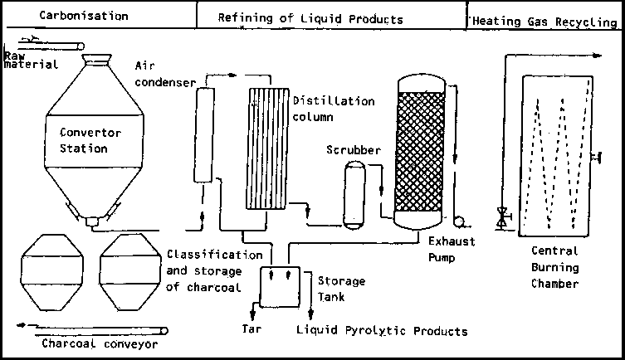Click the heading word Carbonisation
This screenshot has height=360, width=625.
tap(84, 16)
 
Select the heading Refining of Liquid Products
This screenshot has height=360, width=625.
tap(310, 18)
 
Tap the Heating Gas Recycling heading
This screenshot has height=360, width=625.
tap(544, 22)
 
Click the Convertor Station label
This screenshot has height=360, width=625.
tap(90, 140)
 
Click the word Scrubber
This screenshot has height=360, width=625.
tap(353, 150)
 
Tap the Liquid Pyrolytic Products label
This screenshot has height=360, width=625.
tap(382, 331)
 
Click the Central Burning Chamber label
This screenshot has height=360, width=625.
tap(556, 266)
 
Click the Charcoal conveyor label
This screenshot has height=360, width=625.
tap(99, 342)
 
